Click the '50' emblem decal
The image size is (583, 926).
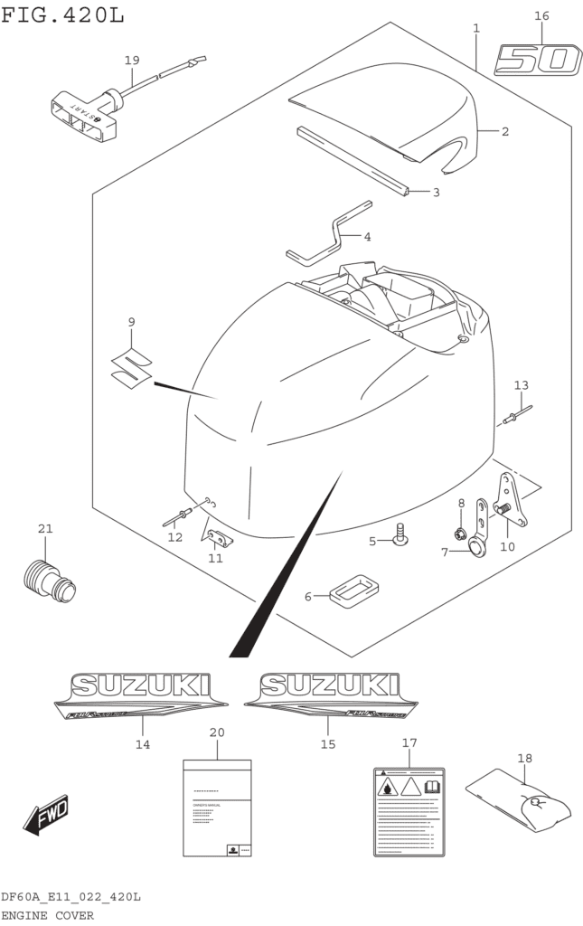(x=537, y=61)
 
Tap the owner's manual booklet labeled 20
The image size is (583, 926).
(x=217, y=807)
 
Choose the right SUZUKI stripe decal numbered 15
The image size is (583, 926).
(x=327, y=696)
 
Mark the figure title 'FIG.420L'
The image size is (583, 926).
(x=62, y=15)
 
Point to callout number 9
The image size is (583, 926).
(x=131, y=322)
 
